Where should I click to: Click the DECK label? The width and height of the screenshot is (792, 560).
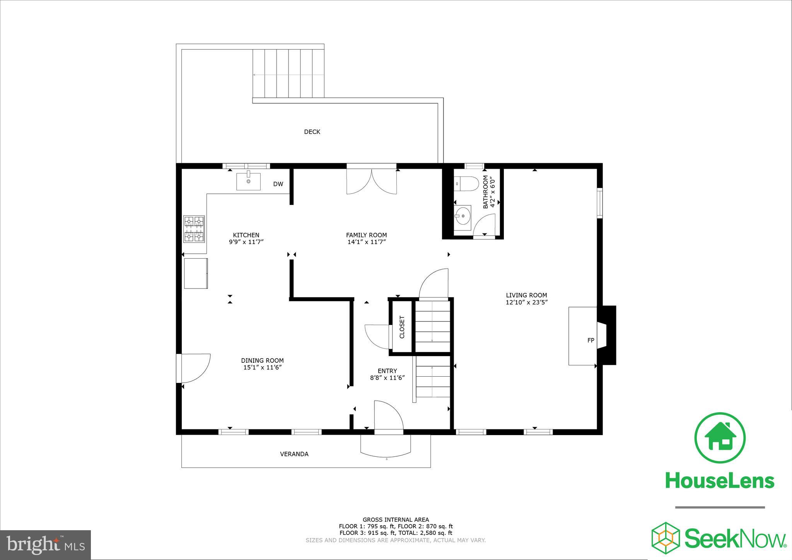[312, 132]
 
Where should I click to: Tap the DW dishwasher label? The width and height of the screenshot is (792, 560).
[278, 184]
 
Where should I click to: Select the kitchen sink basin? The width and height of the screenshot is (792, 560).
[248, 181]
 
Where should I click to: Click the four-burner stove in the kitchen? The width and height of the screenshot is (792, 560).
[194, 229]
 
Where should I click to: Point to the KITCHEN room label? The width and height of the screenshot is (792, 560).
[246, 235]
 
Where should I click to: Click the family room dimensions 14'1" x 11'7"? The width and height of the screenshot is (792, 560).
[366, 242]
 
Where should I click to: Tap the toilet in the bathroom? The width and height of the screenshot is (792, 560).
[464, 183]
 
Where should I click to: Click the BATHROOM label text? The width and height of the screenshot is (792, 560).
[485, 192]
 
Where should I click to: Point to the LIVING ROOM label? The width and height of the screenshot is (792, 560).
[526, 295]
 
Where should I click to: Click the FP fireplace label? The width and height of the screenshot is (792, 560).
[591, 340]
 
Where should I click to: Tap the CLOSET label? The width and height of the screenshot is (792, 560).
[402, 327]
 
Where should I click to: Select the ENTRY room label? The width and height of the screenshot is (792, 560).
[387, 371]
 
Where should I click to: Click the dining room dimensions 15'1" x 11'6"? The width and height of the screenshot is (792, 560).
[262, 367]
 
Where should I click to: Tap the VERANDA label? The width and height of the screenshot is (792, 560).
[294, 454]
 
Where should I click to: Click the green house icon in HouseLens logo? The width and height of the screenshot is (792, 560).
[720, 438]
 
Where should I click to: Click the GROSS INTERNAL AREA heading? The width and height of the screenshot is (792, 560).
[396, 520]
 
